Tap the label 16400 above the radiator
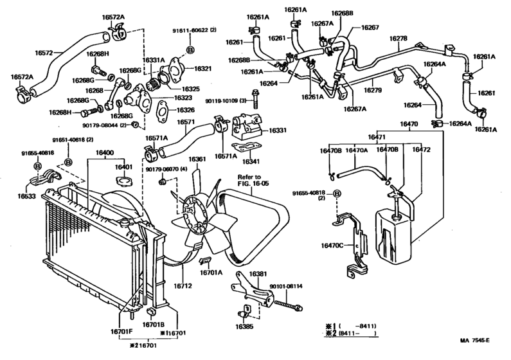pos(105,152)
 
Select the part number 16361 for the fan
pos(197,159)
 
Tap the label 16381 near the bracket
pos(258,274)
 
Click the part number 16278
pos(399,39)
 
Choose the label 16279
pos(373,90)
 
